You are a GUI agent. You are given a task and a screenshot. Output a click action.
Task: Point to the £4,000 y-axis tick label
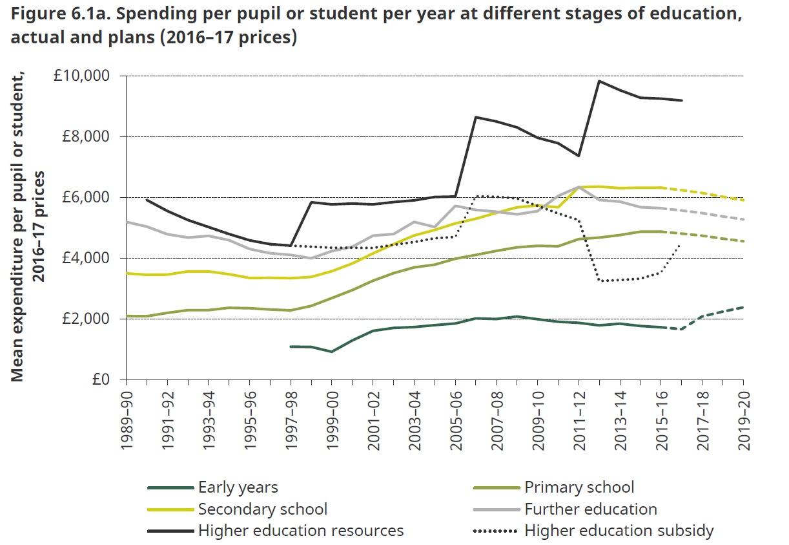point(90,259)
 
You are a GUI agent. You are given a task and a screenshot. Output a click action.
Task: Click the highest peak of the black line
point(599,81)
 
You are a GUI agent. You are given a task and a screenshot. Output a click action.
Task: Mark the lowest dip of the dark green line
point(332,352)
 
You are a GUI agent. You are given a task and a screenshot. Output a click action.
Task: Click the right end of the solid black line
point(682,100)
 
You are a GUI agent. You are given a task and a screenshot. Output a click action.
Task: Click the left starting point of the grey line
point(127,222)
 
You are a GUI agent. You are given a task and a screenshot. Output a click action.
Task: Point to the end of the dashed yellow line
point(743,200)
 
